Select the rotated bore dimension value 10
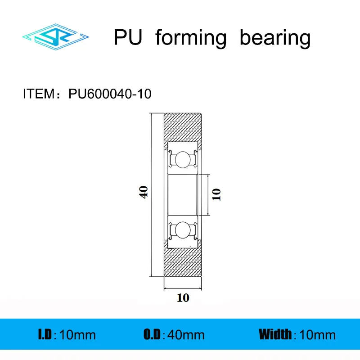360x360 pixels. [x=216, y=194]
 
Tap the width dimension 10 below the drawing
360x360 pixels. [x=183, y=298]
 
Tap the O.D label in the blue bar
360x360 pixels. [x=153, y=334]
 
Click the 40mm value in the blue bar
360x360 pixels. [x=186, y=335]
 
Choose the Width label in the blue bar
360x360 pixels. [x=275, y=334]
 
